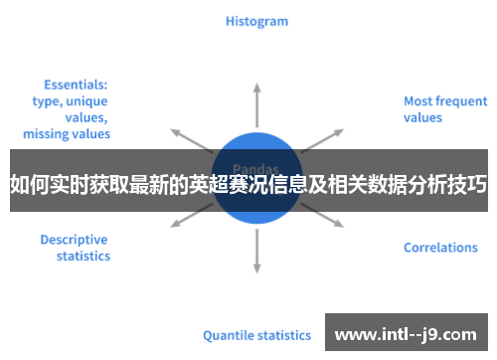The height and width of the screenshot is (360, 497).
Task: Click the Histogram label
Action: tap(256, 21)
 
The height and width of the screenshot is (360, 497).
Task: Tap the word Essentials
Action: tap(76, 85)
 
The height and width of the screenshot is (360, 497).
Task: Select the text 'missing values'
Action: tap(67, 133)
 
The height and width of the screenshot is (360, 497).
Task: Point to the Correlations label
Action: tap(440, 248)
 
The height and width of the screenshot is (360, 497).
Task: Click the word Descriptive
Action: tap(74, 240)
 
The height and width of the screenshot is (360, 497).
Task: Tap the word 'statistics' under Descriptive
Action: tap(83, 257)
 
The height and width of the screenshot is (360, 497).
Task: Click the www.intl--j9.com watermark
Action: tap(407, 333)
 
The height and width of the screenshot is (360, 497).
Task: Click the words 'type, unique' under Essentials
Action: tap(70, 100)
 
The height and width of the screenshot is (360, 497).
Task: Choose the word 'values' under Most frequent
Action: tap(423, 117)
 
